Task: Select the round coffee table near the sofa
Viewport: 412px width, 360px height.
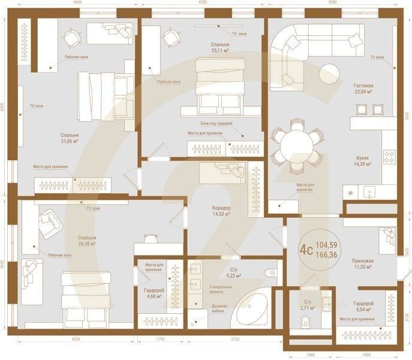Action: [x=329, y=74]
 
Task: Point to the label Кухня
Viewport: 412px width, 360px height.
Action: [x=362, y=157]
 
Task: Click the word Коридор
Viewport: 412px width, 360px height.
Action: [x=221, y=208]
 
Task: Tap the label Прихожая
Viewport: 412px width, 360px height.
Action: [x=363, y=261]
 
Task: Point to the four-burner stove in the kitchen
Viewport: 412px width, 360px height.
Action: [x=389, y=157]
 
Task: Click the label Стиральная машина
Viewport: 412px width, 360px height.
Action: [x=221, y=290]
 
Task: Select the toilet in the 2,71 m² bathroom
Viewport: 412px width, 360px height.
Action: [x=305, y=322]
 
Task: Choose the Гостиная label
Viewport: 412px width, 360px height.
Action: [x=363, y=86]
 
